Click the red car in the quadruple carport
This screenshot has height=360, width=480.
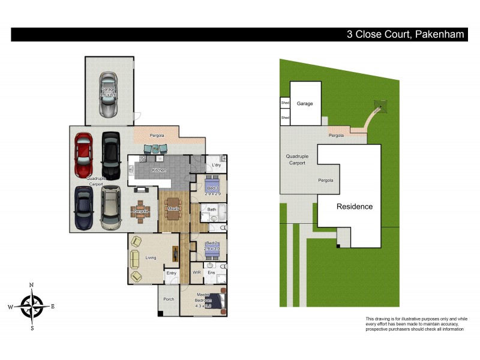[x=83, y=155]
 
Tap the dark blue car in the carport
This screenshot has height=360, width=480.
[x=83, y=208]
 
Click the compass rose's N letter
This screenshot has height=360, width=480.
[x=32, y=285]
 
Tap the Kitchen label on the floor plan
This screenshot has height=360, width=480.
[x=158, y=170]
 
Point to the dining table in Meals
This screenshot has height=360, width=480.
[x=173, y=208]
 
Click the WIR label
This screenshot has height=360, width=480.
[x=196, y=272]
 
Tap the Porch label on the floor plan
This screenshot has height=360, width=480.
[x=169, y=299]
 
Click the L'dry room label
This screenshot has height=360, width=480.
[x=216, y=165]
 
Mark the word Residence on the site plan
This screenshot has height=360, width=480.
[x=354, y=206]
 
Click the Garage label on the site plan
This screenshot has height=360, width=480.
[x=305, y=104]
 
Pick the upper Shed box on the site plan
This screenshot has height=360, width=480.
[x=285, y=103]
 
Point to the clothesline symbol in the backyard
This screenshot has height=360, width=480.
[x=379, y=107]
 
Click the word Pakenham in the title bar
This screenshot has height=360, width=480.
[x=439, y=34]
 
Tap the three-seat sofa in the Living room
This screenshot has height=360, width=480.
[x=134, y=259]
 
